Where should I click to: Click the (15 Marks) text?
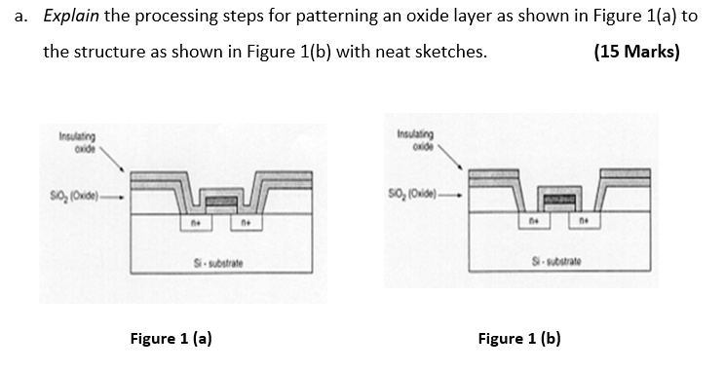pos(636,52)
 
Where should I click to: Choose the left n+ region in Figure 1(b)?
pos(534,222)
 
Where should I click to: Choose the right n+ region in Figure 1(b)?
pos(587,223)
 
